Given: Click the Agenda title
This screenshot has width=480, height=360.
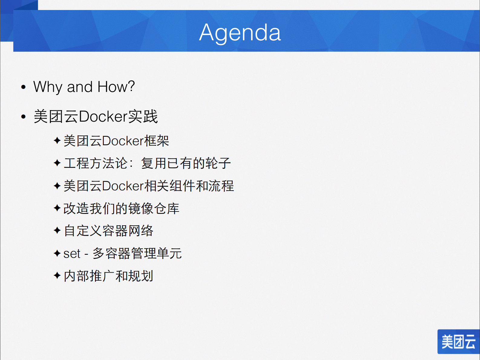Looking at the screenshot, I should (240, 33).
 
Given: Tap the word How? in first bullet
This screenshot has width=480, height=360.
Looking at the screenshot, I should (116, 87).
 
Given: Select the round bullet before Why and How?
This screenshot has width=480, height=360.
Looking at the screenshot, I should (24, 87).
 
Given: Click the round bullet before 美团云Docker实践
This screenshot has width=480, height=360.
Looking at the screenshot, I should (24, 117).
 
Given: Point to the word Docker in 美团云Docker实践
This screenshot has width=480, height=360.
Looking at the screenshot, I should (103, 117).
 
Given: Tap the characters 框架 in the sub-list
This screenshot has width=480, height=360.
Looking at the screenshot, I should (157, 141).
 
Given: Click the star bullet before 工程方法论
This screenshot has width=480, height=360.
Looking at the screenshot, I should (57, 163).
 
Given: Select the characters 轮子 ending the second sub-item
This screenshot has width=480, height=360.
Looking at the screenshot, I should (218, 163).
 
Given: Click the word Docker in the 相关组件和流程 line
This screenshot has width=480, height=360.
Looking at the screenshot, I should (123, 186).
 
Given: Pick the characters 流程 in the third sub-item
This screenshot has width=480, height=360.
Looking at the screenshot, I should (221, 186).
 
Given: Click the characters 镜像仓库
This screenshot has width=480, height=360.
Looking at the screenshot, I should (154, 209).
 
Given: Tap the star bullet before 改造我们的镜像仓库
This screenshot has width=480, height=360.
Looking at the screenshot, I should (57, 208).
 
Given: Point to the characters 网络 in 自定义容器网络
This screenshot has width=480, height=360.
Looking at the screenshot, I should (141, 231).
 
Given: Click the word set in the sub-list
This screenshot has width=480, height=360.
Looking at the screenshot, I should (72, 254).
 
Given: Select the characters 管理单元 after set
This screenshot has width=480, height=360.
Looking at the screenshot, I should (156, 254).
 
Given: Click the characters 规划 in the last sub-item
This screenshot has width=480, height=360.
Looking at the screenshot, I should (141, 276).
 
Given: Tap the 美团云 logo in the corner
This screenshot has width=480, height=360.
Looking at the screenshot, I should (458, 342).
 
